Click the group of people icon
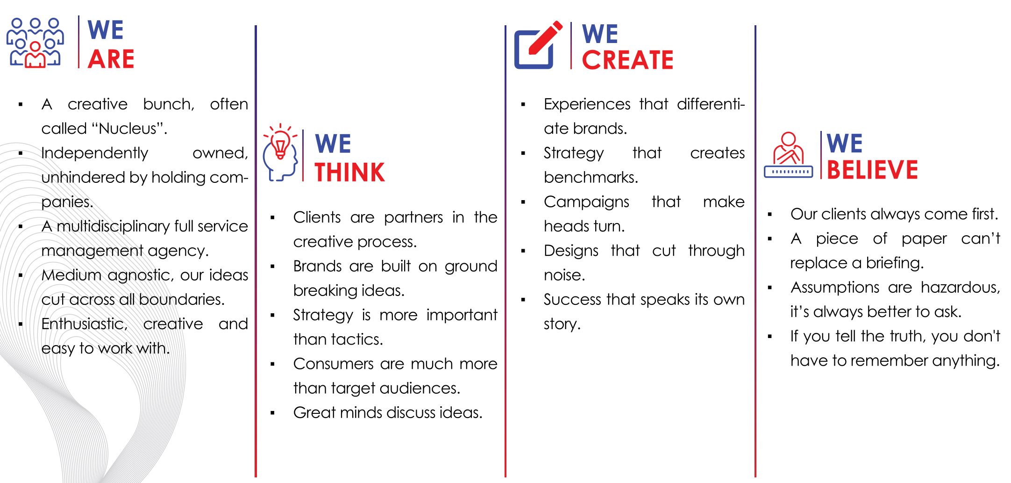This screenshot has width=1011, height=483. point(35,43)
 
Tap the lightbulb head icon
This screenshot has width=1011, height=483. point(280,152)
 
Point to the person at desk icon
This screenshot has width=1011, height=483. point(788,155)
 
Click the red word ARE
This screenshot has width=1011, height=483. point(111,59)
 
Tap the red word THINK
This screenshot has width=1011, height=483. point(349,172)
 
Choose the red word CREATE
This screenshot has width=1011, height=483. point(627,60)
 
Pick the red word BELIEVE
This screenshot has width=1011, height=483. point(872,169)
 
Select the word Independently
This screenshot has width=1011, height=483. point(94,153)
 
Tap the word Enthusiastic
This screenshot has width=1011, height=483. point(84,324)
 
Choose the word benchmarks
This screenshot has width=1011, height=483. point(591,178)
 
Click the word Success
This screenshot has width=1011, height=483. point(573,299)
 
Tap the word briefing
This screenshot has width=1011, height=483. point(895,263)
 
